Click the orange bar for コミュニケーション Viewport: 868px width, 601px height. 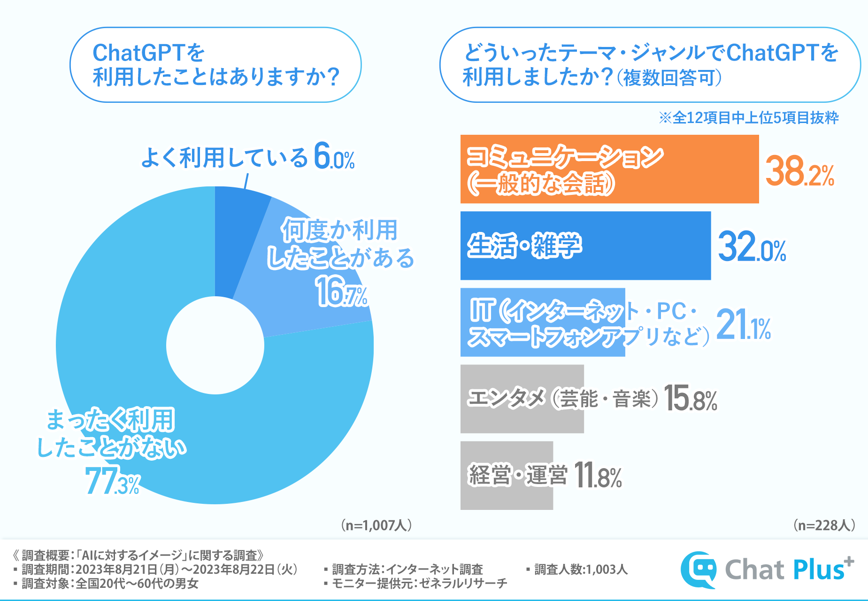(609, 169)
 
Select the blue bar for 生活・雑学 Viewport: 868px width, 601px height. (585, 246)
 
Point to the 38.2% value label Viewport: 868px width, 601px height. (799, 172)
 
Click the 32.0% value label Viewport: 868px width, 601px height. (752, 247)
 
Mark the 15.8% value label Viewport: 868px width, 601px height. (691, 399)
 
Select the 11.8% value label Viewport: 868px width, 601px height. (598, 476)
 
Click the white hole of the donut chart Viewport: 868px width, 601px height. (215, 346)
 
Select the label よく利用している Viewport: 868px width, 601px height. (224, 157)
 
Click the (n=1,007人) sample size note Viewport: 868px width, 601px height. (376, 525)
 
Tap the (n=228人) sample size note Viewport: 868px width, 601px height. (824, 525)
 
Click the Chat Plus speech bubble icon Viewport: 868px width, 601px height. (699, 570)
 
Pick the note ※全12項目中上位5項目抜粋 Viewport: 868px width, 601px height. (748, 118)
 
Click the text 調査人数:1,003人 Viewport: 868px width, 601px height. (581, 570)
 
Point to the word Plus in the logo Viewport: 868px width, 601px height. (819, 570)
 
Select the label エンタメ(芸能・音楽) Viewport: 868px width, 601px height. (563, 399)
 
